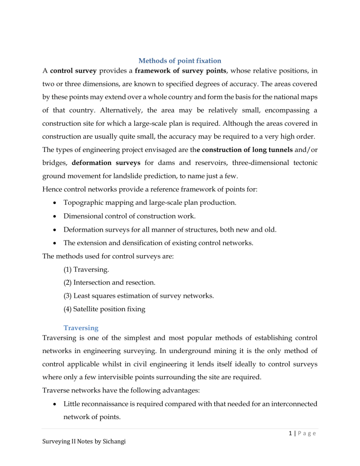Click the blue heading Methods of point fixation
click(x=180, y=73)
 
